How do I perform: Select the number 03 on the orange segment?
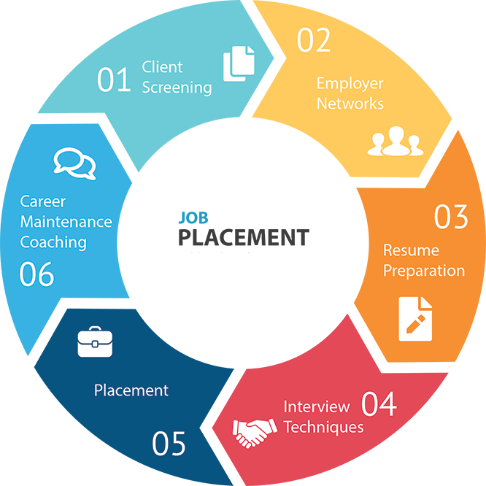point(450,217)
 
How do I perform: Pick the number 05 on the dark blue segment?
point(169,442)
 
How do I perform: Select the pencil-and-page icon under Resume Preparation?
point(414,318)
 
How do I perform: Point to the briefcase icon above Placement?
point(96,343)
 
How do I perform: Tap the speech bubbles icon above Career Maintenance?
point(74,164)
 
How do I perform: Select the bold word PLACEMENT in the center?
point(243,237)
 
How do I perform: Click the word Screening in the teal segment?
point(177,88)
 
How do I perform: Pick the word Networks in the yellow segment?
point(350,104)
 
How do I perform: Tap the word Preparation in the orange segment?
point(424,271)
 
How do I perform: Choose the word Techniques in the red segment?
point(323,426)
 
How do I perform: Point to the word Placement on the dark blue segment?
point(131,390)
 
